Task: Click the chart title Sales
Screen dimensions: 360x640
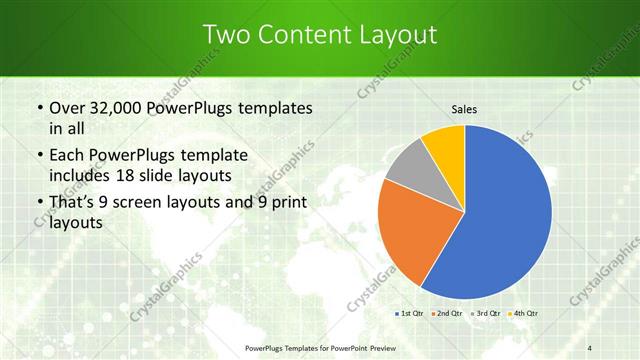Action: pos(464,109)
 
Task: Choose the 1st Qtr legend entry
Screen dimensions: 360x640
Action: pos(410,314)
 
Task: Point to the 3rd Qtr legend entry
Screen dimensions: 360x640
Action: pos(488,314)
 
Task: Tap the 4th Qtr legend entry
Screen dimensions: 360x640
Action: pos(526,314)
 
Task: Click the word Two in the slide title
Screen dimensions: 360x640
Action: pos(226,35)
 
